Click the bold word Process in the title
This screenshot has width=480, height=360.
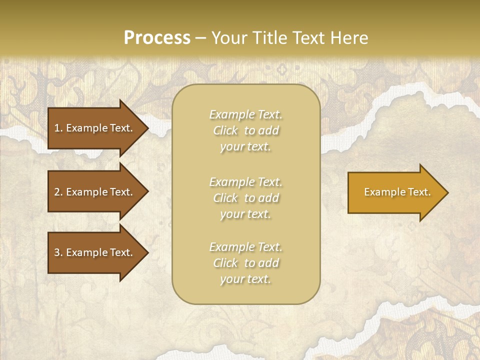coord(157,38)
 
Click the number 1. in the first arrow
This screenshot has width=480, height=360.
coord(58,128)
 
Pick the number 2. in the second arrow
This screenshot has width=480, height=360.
coord(58,192)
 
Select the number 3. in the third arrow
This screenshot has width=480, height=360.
coord(58,252)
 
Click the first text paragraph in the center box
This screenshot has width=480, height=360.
coord(245,130)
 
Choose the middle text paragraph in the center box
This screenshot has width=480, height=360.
coord(245,198)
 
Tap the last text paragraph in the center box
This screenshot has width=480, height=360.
coord(245,263)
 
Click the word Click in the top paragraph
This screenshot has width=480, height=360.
coord(225,131)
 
